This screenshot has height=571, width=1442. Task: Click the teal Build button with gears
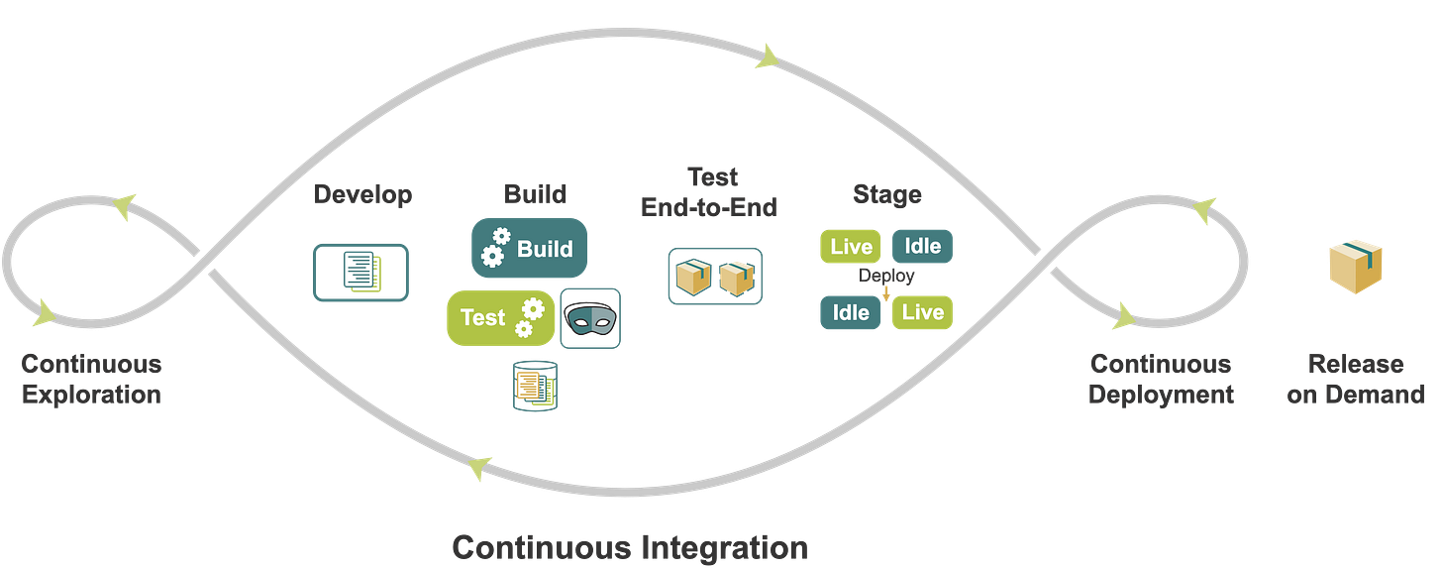[529, 248]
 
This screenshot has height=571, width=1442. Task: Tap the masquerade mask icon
[590, 318]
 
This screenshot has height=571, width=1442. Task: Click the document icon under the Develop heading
[360, 272]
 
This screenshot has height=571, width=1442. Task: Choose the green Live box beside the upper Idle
[850, 246]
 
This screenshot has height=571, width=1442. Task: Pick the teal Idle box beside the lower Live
[850, 312]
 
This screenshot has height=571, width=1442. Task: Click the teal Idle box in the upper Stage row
[922, 246]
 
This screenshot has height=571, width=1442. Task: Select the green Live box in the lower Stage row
[922, 312]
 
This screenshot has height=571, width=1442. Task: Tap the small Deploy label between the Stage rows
[886, 277]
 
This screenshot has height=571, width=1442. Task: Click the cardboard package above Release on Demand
[1356, 266]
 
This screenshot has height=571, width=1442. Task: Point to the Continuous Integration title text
[629, 547]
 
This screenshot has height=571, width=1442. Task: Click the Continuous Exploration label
[90, 379]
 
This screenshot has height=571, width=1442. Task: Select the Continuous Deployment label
[1161, 379]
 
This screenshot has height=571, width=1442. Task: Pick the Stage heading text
[886, 195]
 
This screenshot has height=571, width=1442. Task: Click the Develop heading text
[361, 195]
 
